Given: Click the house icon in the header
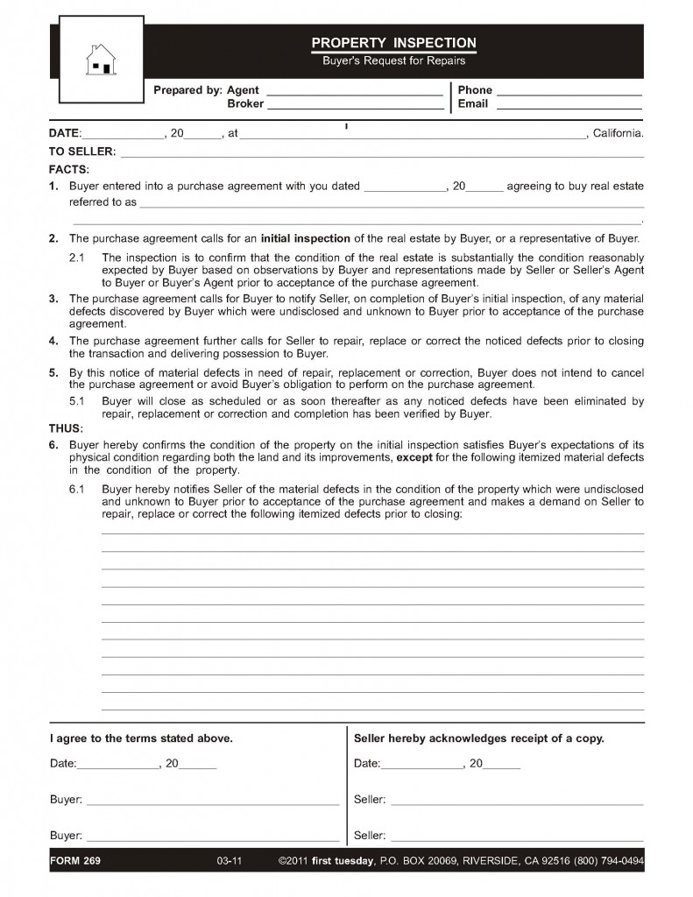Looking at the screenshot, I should (x=99, y=61).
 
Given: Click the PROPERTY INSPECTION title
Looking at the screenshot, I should (x=393, y=43).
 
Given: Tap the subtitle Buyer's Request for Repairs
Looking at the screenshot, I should (x=393, y=61).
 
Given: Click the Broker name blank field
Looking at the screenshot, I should (x=355, y=106).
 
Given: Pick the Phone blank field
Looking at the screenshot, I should (x=569, y=92).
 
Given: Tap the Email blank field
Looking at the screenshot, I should (x=569, y=106).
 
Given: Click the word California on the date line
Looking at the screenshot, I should (x=619, y=134).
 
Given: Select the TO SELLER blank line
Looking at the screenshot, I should (x=381, y=152).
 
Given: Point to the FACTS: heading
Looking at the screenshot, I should (x=68, y=169).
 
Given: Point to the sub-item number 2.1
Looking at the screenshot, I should (x=76, y=258).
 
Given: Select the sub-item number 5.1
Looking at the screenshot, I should (x=76, y=401).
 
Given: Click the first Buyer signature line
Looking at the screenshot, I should (x=212, y=801).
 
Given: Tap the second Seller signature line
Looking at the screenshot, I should (x=517, y=836).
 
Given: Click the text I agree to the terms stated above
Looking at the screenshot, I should (x=141, y=738).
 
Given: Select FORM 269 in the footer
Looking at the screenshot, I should (x=75, y=861).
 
